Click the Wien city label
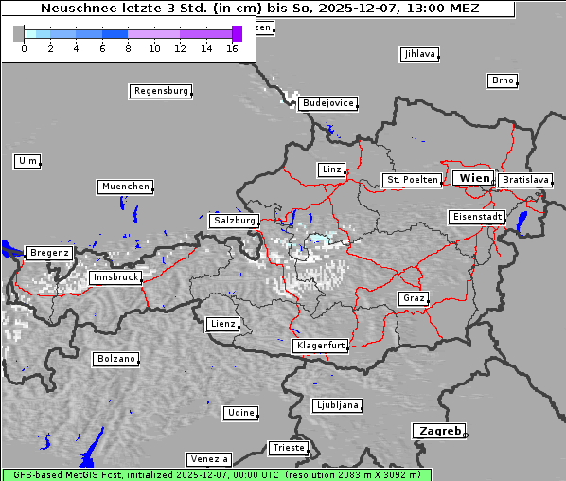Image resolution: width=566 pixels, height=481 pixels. (473, 178)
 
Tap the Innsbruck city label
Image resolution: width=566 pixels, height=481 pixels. (115, 277)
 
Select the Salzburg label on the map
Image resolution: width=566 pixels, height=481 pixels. (234, 220)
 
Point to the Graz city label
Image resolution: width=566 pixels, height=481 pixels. (413, 298)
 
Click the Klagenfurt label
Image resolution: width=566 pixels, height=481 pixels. (320, 346)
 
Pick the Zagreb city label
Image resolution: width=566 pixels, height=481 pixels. (438, 431)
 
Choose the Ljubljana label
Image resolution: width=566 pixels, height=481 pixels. (337, 405)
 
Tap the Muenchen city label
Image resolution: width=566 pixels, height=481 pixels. (125, 187)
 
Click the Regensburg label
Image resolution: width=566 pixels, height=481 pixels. (160, 91)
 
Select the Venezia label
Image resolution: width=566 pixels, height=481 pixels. (207, 458)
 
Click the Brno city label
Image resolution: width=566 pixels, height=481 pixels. (503, 80)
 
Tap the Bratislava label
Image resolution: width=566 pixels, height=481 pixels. (525, 179)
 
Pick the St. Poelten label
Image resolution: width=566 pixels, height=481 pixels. (411, 179)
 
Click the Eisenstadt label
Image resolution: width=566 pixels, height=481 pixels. (476, 217)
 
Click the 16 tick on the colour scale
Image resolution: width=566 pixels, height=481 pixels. (233, 48)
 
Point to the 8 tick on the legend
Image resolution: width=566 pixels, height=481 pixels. (128, 48)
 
